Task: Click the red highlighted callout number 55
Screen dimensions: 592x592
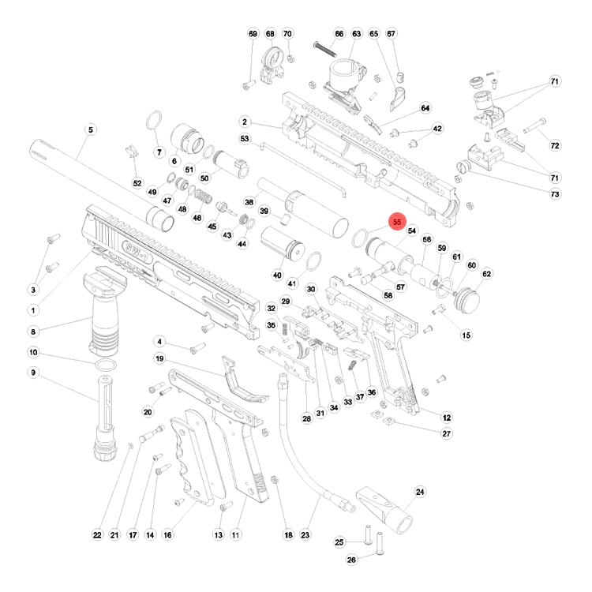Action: (397, 222)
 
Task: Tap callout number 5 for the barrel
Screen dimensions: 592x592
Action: (91, 130)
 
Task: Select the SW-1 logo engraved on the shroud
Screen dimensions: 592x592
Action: (138, 253)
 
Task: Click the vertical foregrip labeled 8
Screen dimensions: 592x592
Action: (103, 309)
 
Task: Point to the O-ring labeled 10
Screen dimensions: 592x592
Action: (105, 365)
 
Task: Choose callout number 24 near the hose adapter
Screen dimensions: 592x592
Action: (420, 492)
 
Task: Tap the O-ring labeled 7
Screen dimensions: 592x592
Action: (154, 120)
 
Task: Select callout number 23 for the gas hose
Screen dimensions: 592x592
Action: (305, 535)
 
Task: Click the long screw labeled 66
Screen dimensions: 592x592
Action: (324, 49)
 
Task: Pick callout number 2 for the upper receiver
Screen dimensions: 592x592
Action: (245, 122)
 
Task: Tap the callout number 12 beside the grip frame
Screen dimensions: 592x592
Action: (447, 418)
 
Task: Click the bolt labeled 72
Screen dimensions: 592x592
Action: (534, 126)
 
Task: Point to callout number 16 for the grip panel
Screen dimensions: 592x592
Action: (167, 535)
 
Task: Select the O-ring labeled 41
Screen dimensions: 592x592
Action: (313, 261)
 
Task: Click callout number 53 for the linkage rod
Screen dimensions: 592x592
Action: (245, 139)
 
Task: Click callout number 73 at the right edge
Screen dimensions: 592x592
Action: (555, 194)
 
